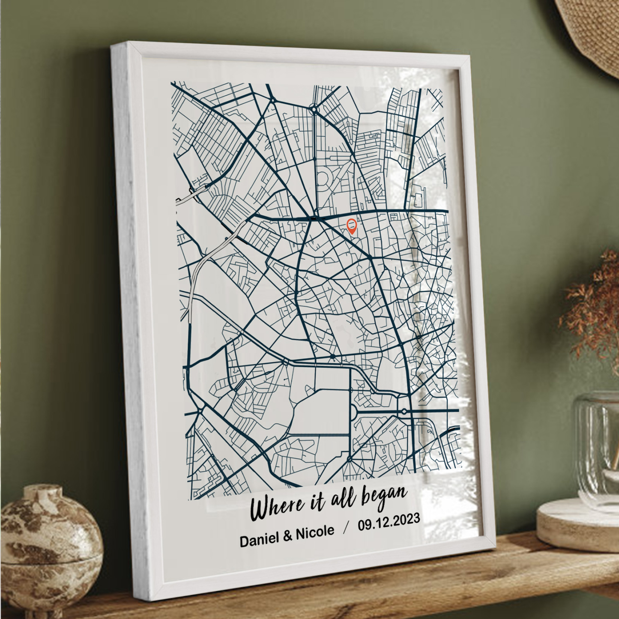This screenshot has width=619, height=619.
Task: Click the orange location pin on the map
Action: coord(352,225)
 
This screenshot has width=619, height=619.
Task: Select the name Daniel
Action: coord(259,539)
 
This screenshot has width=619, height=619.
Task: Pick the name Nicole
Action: coord(315,533)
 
